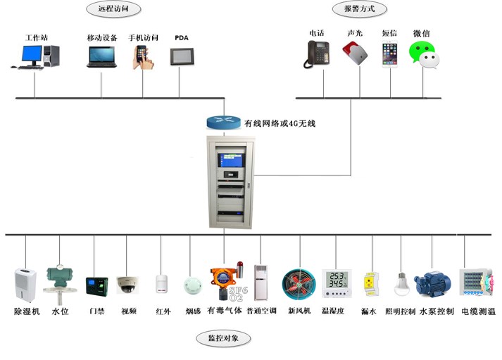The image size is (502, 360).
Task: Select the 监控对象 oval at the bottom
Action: [223, 339]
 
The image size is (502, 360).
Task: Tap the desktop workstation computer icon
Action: [35, 56]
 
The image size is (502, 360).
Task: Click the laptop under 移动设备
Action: [101, 56]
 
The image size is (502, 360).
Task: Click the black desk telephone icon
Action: [318, 54]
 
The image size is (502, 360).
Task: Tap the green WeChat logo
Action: [423, 54]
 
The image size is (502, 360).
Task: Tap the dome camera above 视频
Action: [127, 285]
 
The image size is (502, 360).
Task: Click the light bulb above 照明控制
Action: [401, 283]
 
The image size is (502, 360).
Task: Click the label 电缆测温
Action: [479, 311]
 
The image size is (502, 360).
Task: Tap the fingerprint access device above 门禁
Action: [95, 285]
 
